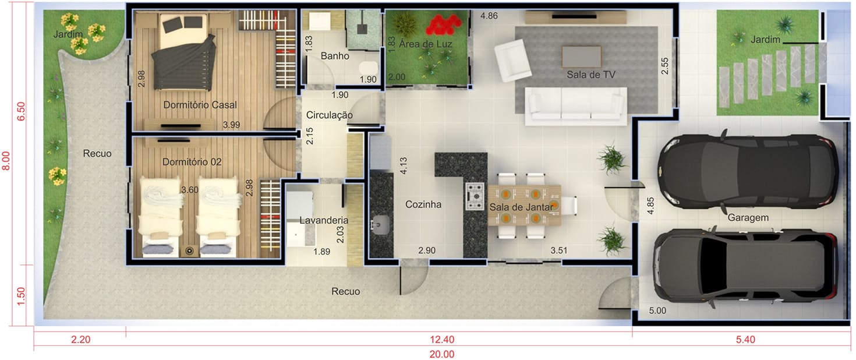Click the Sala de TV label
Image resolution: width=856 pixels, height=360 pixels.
tap(591, 75)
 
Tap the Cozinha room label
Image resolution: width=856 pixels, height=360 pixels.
tap(423, 204)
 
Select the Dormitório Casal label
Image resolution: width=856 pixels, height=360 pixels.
tap(200, 105)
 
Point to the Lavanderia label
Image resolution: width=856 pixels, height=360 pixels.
tap(324, 220)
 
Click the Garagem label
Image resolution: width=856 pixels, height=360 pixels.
tap(748, 217)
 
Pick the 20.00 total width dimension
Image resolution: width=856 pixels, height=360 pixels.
tap(442, 354)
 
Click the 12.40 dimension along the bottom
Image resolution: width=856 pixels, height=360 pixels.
tap(442, 340)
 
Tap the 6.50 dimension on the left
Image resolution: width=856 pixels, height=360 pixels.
tap(21, 111)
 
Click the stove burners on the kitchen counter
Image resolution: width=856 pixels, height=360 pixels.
tap(475, 196)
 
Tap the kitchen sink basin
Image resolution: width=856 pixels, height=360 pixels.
tap(381, 224)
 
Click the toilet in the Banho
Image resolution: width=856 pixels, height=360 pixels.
tap(368, 68)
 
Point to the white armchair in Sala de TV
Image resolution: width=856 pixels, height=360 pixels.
tap(512, 61)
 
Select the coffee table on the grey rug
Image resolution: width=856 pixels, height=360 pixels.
tap(581, 57)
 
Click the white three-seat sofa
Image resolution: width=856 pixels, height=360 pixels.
tap(575, 106)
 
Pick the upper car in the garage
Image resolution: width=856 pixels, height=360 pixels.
tap(748, 172)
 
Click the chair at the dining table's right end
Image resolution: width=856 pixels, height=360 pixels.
tap(569, 206)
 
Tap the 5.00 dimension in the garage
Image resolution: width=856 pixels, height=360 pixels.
tap(657, 310)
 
